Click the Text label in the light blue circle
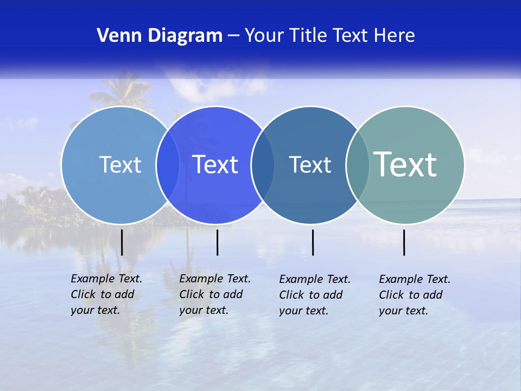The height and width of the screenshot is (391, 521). tap(120, 165)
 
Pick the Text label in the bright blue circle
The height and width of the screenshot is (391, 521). tap(215, 165)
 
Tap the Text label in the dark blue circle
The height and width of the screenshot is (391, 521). tap(310, 165)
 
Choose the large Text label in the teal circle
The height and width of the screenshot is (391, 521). tap(405, 164)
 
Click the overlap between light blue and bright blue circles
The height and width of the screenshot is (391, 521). tap(168, 165)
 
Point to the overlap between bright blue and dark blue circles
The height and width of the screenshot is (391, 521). tap(263, 165)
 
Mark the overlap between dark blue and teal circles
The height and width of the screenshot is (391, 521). tap(358, 165)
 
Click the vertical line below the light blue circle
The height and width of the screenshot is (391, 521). tap(122, 242)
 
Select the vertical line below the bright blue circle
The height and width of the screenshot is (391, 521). tap(217, 242)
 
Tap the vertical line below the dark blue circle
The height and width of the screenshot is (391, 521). tap(313, 242)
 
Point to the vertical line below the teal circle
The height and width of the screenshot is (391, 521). tap(404, 242)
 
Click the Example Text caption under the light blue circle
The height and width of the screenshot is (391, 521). tap(106, 294)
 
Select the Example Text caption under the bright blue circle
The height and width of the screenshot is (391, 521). tap(215, 294)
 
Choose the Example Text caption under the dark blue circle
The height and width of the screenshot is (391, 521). tap(315, 295)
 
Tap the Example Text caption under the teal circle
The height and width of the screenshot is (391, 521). tap(415, 295)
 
